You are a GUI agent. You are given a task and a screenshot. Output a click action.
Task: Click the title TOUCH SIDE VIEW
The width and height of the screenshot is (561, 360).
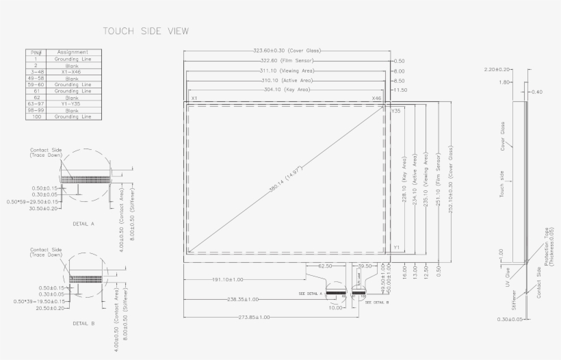tap(145, 31)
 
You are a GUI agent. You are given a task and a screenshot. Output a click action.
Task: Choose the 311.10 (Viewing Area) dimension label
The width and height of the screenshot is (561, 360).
tap(287, 70)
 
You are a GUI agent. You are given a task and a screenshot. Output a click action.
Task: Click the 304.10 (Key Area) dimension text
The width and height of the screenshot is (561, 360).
tap(287, 90)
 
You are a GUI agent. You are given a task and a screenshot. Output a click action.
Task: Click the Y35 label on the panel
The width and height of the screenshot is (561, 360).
tap(396, 110)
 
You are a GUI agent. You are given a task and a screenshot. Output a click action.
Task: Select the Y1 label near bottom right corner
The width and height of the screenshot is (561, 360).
tap(396, 247)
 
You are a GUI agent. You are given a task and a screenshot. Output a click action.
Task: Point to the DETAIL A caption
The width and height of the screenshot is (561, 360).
tap(83, 224)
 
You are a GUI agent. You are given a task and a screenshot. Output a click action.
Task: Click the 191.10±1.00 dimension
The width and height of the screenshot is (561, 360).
tap(227, 279)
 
